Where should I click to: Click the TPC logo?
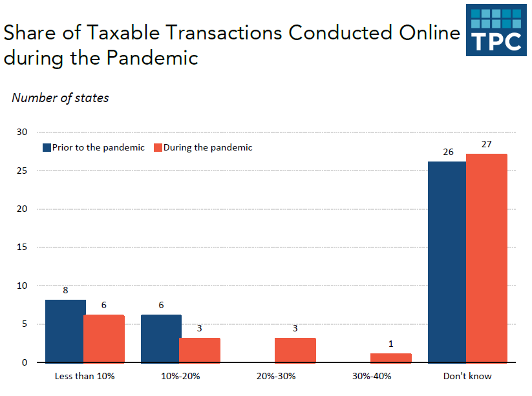click(496, 30)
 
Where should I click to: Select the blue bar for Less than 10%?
click(65, 331)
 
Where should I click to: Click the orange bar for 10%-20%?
click(200, 350)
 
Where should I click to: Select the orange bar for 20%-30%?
click(295, 350)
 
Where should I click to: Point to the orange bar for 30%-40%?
click(391, 358)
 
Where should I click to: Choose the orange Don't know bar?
click(486, 258)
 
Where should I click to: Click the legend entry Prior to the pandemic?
click(94, 147)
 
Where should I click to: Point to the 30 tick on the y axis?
click(23, 132)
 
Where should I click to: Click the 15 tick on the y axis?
click(23, 247)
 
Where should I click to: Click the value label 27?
click(487, 144)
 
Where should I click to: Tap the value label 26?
click(448, 152)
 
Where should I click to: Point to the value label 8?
click(65, 290)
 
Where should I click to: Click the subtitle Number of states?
click(60, 98)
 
